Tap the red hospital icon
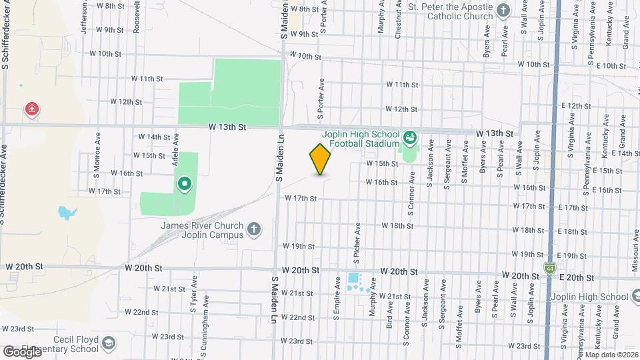[x=31, y=109]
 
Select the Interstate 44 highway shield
[x=549, y=268]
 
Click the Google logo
[x=22, y=351]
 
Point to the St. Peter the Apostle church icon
[x=503, y=11]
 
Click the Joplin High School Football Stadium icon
[x=410, y=138]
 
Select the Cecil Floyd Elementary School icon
[x=107, y=343]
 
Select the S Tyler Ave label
[x=193, y=300]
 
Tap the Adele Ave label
[x=177, y=148]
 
